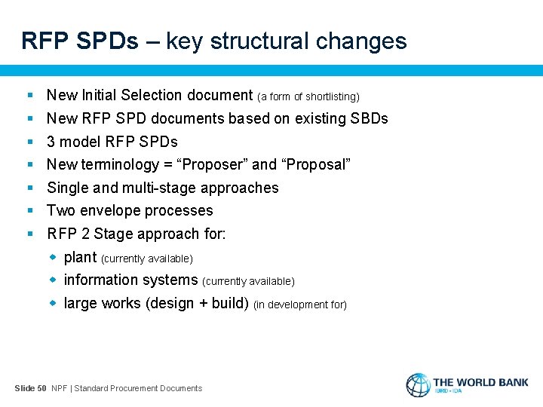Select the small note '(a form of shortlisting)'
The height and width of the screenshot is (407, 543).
[x=308, y=96]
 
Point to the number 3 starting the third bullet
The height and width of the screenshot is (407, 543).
[x=51, y=142]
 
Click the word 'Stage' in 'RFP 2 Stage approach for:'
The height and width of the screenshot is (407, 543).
[x=113, y=234]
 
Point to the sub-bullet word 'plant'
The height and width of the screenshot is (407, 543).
[x=80, y=257]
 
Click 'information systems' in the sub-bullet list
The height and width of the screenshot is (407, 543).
[x=130, y=280]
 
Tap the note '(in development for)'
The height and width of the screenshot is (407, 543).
[x=300, y=304]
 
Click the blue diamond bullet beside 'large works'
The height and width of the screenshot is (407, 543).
[x=54, y=303]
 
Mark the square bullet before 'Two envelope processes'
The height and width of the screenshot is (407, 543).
[x=29, y=211]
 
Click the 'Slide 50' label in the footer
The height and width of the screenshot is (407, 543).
[x=30, y=388]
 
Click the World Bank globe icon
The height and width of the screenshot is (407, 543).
[x=418, y=385]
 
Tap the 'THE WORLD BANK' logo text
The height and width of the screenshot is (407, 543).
[x=480, y=382]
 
